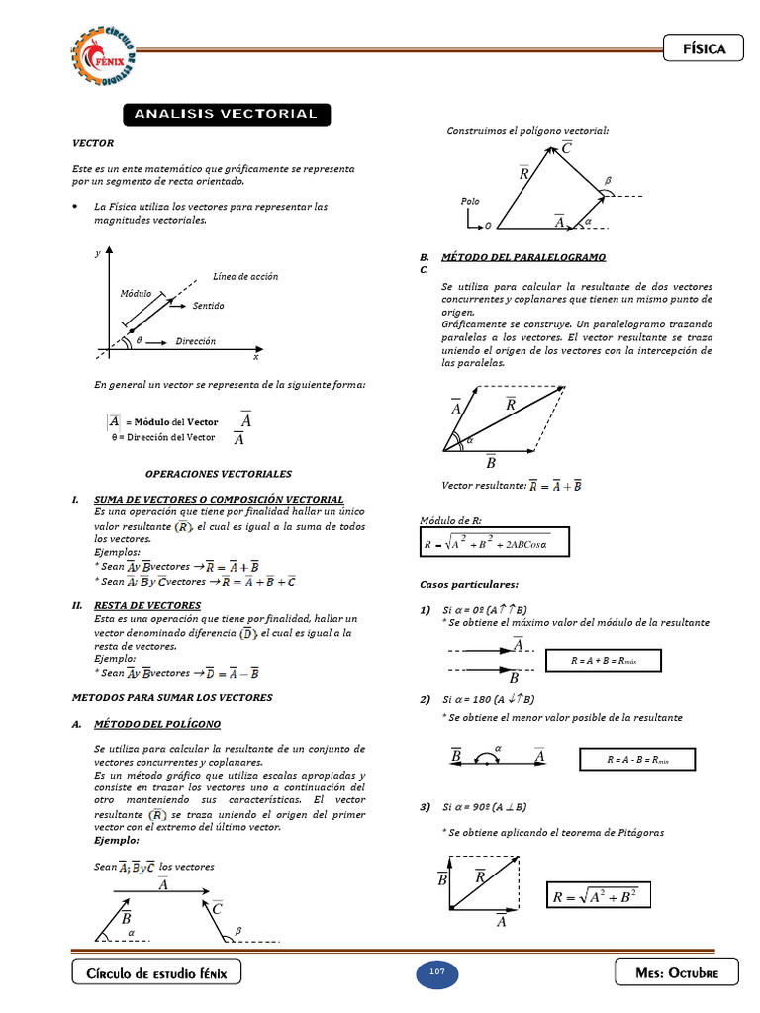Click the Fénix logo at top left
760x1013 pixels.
[x=105, y=54]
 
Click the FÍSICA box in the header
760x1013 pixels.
[x=703, y=48]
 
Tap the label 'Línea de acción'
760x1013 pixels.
[x=245, y=276]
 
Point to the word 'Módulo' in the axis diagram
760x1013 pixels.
[x=136, y=294]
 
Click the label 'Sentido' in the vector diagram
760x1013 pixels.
[x=209, y=306]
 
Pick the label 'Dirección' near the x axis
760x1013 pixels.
[x=196, y=341]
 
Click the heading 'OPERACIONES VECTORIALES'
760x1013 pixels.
[x=219, y=474]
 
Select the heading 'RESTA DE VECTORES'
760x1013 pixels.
[x=147, y=605]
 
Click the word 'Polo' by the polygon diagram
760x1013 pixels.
[x=470, y=201]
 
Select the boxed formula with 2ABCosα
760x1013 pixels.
[x=486, y=543]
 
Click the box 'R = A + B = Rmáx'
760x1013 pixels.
[x=603, y=660]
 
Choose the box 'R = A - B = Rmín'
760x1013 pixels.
[x=637, y=760]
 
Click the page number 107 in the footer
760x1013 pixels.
[x=436, y=972]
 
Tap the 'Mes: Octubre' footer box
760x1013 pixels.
[x=677, y=973]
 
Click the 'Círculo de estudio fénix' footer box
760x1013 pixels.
[x=156, y=973]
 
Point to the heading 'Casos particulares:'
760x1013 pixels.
[x=468, y=585]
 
